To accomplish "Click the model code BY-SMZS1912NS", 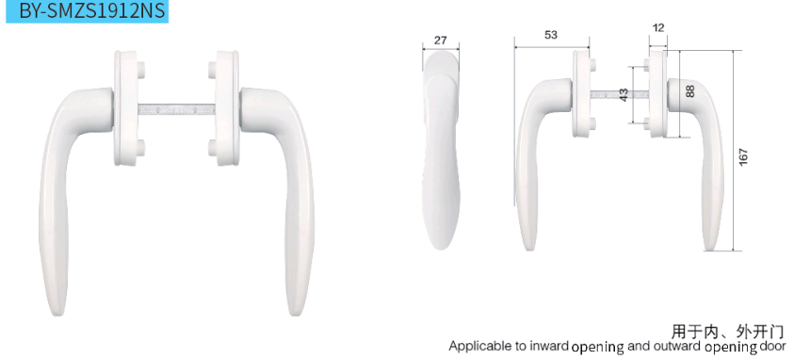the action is pos(92,11).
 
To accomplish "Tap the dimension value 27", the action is pos(441,40).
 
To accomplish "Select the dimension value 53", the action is pos(551,35).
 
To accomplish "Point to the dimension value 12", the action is pos(658,28).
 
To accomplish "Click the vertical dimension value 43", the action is pos(624,94).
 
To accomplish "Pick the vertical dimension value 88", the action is pos(690,91).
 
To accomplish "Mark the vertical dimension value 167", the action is pos(743,158).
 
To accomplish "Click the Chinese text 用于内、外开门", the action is pos(727,332).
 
